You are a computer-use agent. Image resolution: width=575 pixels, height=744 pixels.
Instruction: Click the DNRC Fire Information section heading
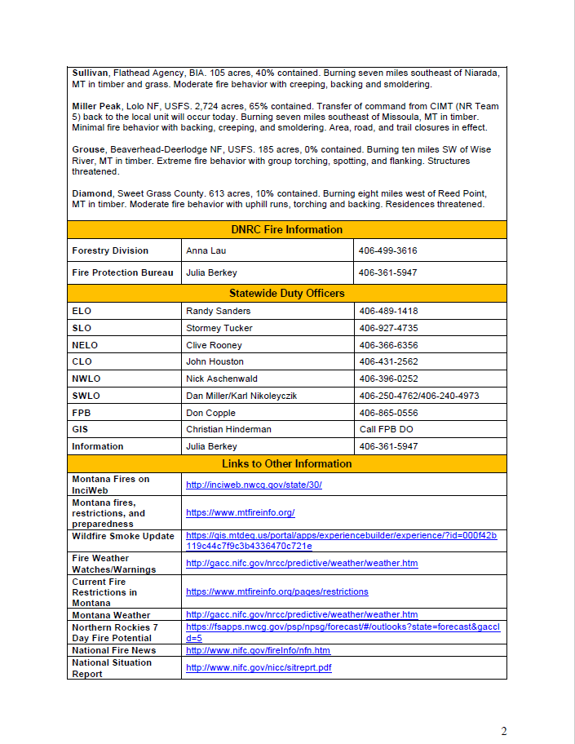tap(286, 230)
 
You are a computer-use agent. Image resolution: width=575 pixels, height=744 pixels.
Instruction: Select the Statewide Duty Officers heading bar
tap(286, 293)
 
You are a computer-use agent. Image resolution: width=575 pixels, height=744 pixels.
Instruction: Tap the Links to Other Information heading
tap(286, 464)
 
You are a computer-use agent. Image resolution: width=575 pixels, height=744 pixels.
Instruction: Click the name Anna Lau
tap(206, 250)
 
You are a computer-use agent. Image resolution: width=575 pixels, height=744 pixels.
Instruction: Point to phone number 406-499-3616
tap(387, 250)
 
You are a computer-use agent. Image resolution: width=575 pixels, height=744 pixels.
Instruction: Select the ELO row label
tap(82, 311)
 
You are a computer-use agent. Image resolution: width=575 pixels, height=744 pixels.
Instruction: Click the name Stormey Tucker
tap(219, 328)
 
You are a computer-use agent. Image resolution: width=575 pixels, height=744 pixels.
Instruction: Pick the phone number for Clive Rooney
tap(387, 345)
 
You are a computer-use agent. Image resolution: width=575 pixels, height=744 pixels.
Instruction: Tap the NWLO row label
tap(86, 379)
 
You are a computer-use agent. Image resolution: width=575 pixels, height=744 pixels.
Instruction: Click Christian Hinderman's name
tap(228, 429)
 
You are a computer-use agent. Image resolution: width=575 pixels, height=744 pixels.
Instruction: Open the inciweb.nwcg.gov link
tap(254, 485)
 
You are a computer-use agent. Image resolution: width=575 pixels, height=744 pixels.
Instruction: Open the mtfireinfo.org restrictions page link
tap(276, 591)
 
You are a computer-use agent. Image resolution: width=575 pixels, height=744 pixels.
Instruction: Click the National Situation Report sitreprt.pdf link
tap(259, 667)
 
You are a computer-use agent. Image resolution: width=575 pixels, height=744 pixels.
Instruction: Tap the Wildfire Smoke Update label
tap(123, 536)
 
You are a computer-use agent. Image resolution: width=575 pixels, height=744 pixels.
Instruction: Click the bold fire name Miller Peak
tap(96, 106)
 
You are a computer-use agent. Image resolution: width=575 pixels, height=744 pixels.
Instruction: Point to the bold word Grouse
tap(88, 150)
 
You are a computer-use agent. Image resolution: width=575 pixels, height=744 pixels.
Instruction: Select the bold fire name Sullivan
tap(91, 73)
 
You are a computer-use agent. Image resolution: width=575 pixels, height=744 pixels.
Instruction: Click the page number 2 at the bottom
tap(503, 730)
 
